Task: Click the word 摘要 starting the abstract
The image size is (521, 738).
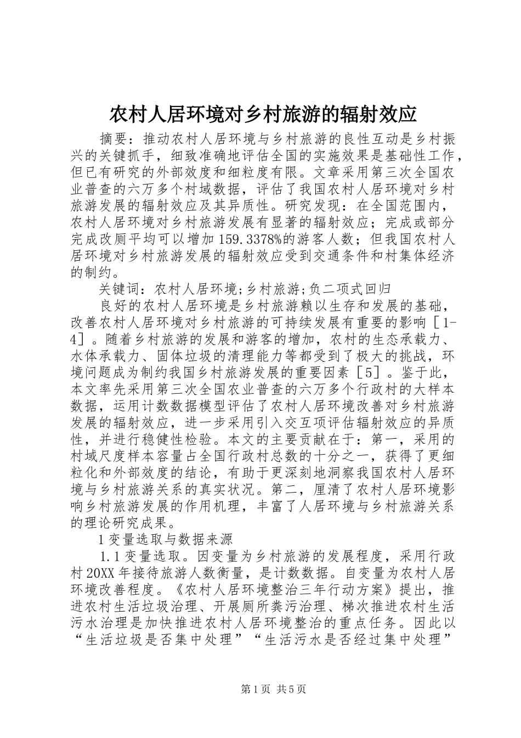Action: [114, 137]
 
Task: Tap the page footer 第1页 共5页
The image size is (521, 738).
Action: [260, 689]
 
